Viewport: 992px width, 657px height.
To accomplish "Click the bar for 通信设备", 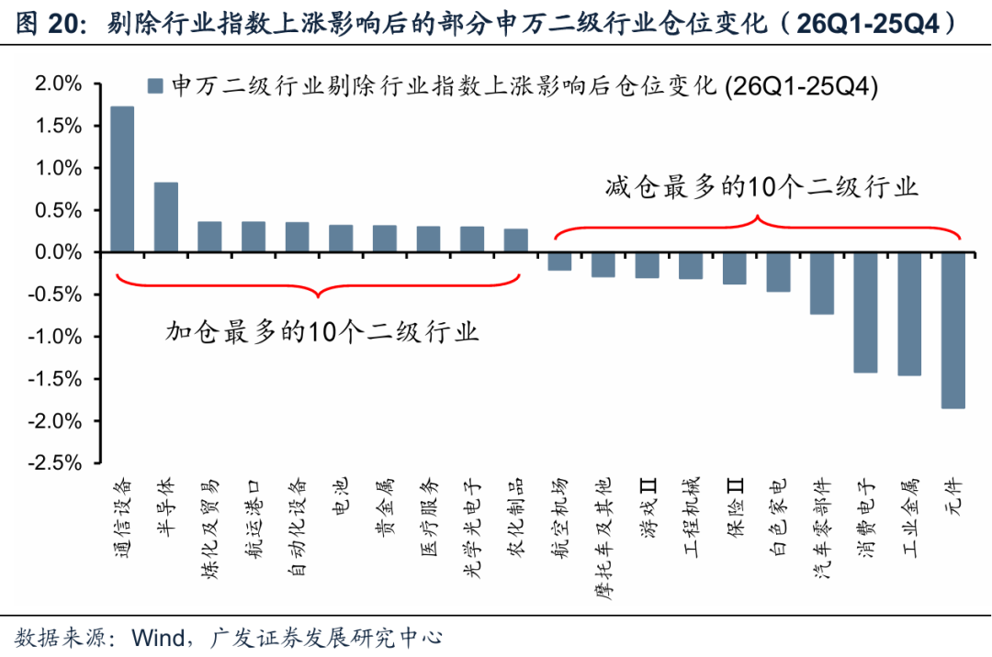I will tap(122, 179).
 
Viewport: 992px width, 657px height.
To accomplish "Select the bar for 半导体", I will tap(166, 217).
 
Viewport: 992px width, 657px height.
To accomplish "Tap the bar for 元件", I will tap(953, 330).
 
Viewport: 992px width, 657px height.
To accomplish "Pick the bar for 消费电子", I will tap(865, 312).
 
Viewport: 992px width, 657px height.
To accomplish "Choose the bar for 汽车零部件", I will tap(821, 283).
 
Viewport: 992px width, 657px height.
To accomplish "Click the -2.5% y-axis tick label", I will tap(56, 463).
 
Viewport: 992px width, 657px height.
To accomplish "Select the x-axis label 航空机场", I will tap(559, 509).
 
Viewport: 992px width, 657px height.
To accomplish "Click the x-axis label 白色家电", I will tap(778, 509).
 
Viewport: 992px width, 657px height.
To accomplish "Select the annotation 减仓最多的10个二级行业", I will tap(761, 188).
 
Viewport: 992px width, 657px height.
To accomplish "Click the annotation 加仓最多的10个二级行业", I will tap(322, 331).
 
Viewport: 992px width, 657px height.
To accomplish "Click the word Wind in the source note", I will tap(160, 636).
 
